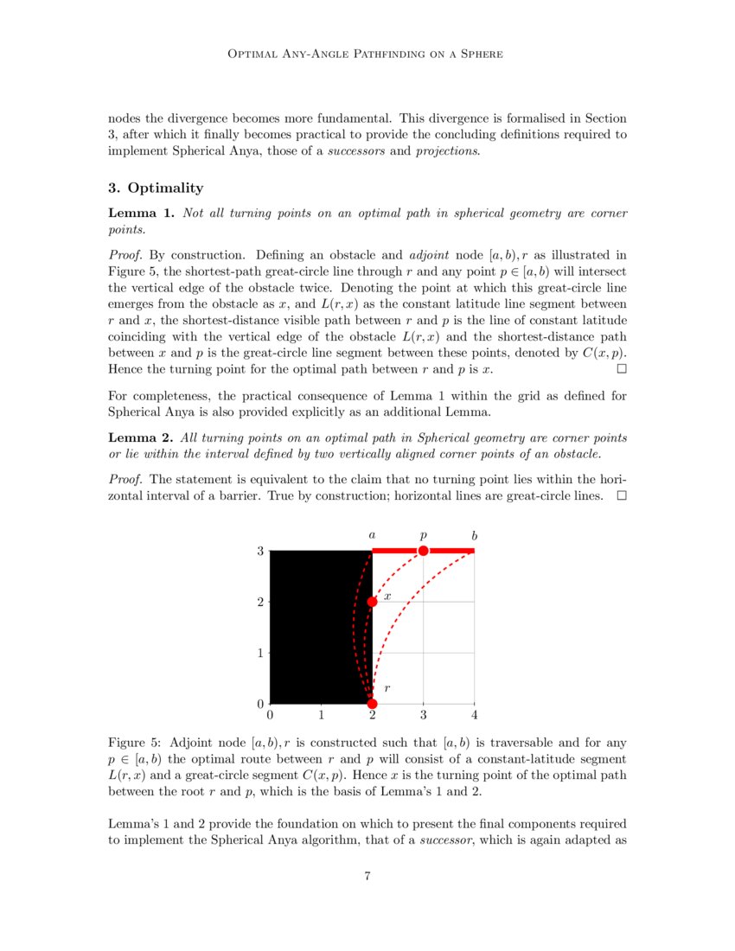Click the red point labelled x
(372, 602)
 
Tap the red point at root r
(372, 703)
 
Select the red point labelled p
(423, 551)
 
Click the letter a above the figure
(372, 536)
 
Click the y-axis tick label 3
(259, 551)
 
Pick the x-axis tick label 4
(474, 716)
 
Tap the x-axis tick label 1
(321, 716)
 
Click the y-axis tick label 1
(259, 653)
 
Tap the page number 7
(367, 877)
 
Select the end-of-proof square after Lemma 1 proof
(621, 369)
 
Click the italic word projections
(446, 150)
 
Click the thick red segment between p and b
(450, 551)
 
